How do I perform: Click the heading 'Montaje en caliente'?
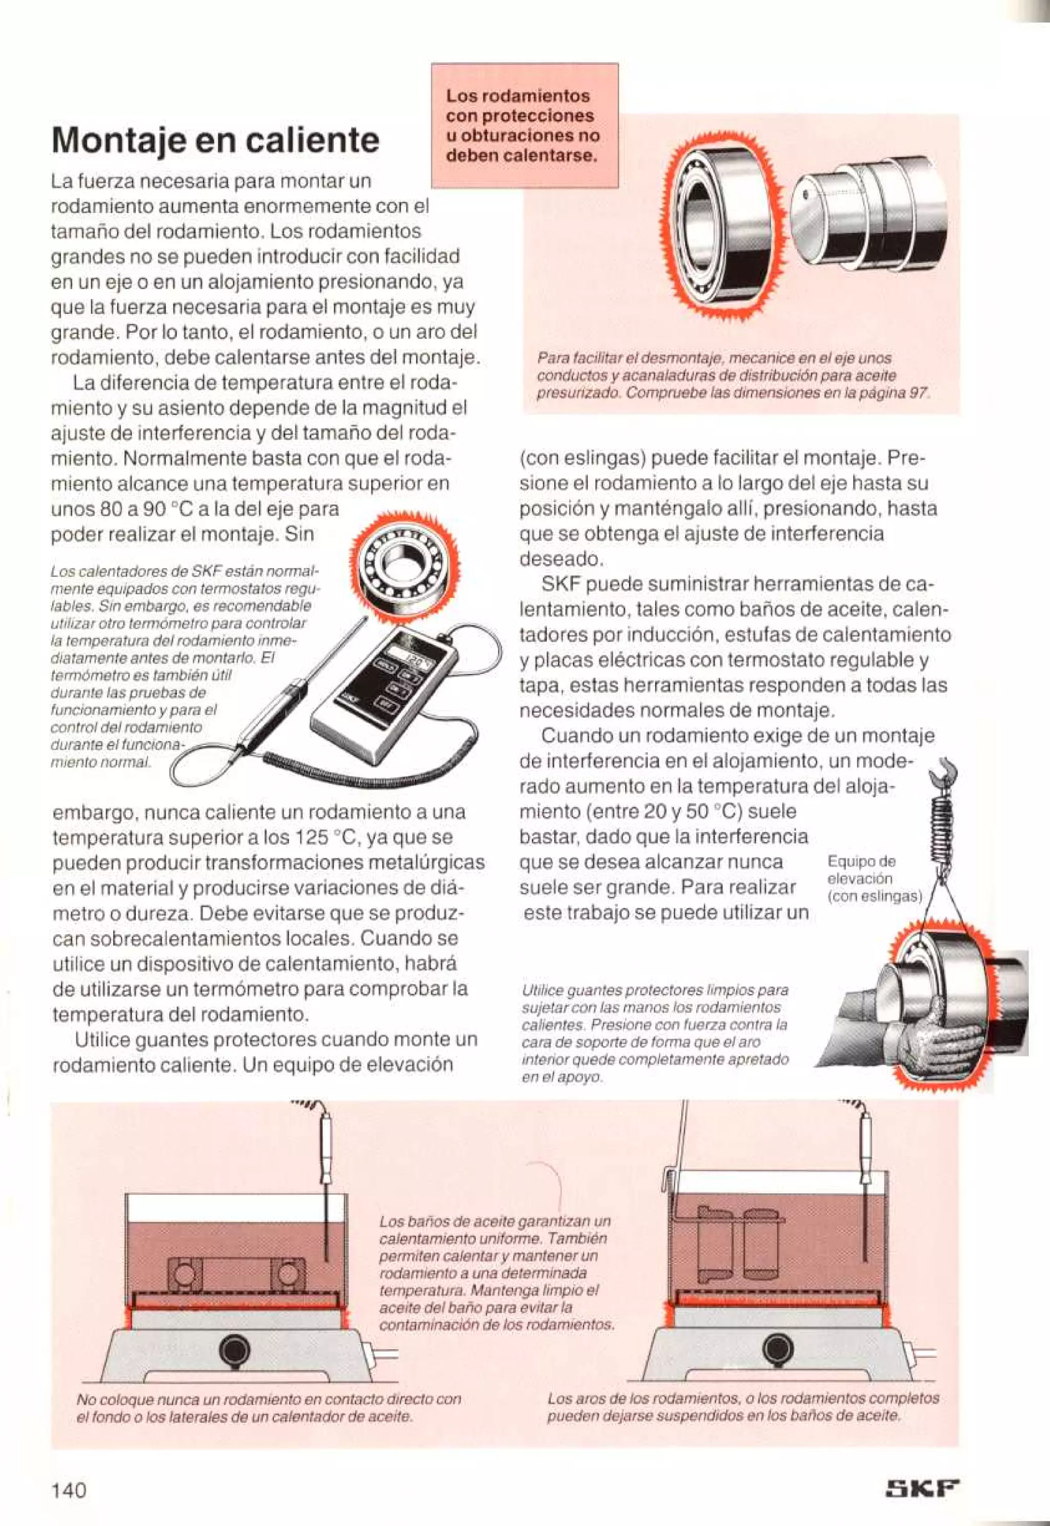tap(215, 140)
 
